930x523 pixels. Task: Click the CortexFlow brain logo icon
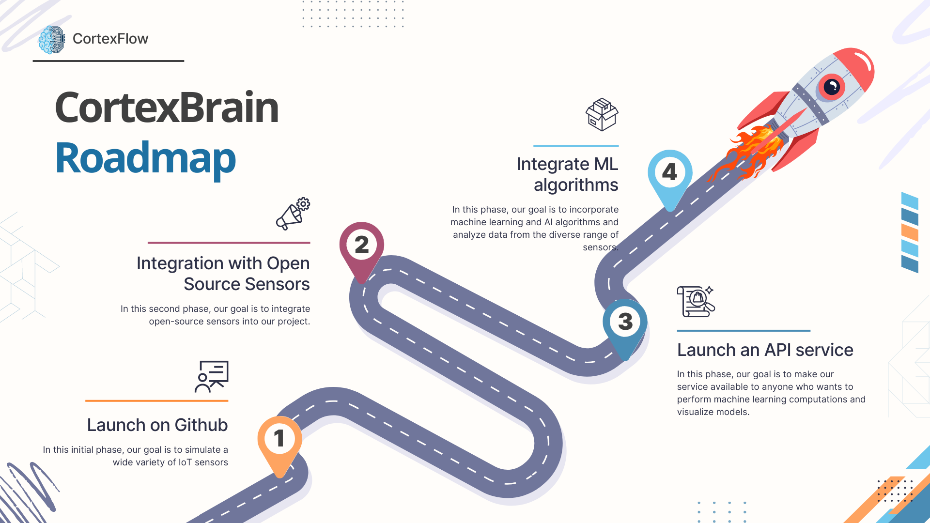tap(52, 40)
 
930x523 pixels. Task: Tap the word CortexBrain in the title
tap(167, 108)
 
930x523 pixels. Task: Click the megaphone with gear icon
tap(293, 214)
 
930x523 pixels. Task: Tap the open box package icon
tap(602, 115)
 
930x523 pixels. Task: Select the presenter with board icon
tap(212, 376)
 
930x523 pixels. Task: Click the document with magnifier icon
tap(696, 301)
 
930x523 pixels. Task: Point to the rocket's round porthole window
tap(831, 87)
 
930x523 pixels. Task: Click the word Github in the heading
tap(201, 425)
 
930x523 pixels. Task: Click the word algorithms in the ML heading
tap(576, 185)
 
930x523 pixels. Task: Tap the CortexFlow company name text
tap(110, 39)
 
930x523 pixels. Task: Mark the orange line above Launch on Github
tap(156, 401)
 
